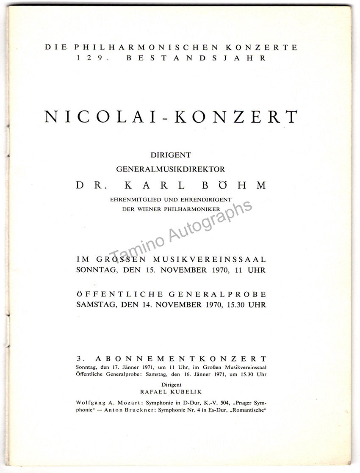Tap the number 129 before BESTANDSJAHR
[88, 58]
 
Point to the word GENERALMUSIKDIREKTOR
[171, 169]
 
